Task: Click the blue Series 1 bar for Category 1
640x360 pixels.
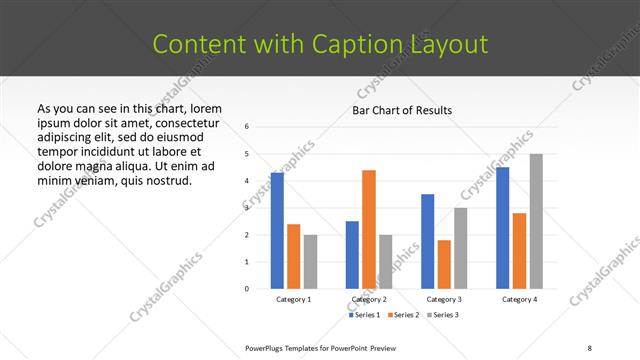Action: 277,231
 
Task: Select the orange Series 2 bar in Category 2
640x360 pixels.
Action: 369,229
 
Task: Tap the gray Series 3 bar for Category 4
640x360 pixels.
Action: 536,221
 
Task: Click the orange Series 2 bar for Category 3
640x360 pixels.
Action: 444,264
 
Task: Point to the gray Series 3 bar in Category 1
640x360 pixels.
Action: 310,261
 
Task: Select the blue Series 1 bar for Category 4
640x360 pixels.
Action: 502,228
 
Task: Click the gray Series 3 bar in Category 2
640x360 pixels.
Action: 386,261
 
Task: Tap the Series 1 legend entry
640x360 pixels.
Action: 363,315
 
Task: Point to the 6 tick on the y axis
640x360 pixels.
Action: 247,127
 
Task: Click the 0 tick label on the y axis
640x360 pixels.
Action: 247,289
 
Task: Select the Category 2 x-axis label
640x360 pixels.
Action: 369,299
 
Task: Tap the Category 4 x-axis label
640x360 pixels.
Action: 519,299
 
